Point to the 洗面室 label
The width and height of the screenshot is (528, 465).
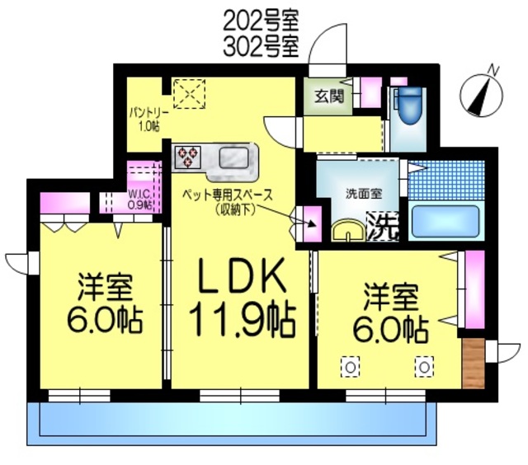[363, 195]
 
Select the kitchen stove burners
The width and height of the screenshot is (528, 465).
[187, 156]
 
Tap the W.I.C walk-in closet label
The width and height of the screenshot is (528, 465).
[139, 200]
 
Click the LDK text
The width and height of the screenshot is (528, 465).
[240, 277]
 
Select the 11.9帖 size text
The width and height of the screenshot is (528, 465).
[240, 320]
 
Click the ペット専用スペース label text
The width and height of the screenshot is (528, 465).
[228, 195]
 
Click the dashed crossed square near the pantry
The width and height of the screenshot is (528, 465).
[188, 93]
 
